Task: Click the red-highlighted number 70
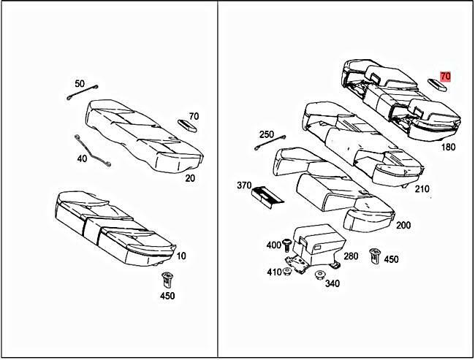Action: point(446,76)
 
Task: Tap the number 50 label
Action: point(80,84)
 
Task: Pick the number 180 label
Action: point(449,148)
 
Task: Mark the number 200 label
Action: point(403,225)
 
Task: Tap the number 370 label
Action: point(243,186)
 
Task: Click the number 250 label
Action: point(267,134)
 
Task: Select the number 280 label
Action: point(351,256)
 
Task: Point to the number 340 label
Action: point(332,283)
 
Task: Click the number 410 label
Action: point(274,272)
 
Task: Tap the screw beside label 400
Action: point(287,244)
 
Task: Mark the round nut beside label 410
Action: point(287,272)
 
